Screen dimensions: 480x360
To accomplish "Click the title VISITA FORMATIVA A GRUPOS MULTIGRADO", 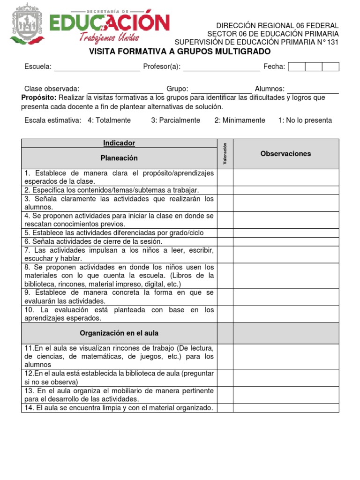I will click(180, 51).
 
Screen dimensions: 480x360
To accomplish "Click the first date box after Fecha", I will click(296, 67).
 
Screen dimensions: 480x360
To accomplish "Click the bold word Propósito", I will click(39, 97).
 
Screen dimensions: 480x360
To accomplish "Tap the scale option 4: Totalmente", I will click(109, 120).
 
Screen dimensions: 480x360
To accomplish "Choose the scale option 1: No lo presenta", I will click(305, 120).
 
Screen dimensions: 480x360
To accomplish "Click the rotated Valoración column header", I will click(225, 154).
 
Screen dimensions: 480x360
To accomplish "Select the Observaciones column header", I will click(285, 154).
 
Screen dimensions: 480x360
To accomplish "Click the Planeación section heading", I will click(119, 158).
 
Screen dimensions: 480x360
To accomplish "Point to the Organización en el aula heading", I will click(119, 333).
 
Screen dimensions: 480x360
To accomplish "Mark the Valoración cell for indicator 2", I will click(225, 190).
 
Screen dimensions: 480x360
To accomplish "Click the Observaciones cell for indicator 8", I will click(285, 276).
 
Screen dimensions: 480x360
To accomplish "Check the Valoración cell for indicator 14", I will click(225, 408).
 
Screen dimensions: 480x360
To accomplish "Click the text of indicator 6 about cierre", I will click(93, 241).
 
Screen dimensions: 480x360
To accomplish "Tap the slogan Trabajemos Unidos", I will click(109, 37).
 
